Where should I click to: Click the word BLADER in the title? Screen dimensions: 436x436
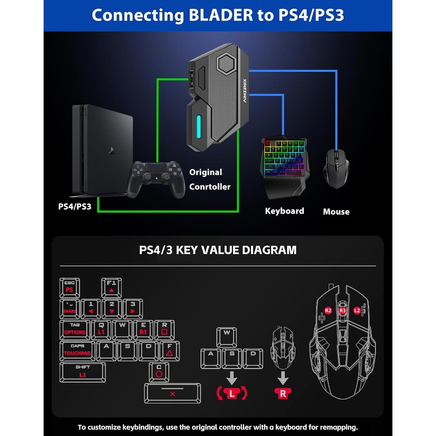click(221, 15)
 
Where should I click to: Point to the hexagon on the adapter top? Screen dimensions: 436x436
click(228, 63)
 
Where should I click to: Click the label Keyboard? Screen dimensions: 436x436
click(284, 211)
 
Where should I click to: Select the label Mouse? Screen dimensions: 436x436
click(336, 212)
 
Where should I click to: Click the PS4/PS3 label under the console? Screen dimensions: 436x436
click(75, 207)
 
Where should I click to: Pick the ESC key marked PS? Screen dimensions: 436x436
click(69, 287)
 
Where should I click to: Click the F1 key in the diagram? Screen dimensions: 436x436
click(111, 287)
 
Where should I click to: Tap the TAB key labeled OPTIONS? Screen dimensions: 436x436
click(75, 330)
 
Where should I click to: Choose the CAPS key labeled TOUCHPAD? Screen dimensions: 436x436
click(77, 351)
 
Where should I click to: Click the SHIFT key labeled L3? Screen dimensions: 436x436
click(83, 372)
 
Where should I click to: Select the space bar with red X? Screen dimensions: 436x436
click(172, 393)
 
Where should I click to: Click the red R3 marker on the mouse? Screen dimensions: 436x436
click(342, 310)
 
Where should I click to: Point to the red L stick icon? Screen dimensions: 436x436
click(232, 394)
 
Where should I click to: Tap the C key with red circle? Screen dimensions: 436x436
click(159, 372)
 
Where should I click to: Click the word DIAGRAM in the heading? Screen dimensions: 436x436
click(269, 250)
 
